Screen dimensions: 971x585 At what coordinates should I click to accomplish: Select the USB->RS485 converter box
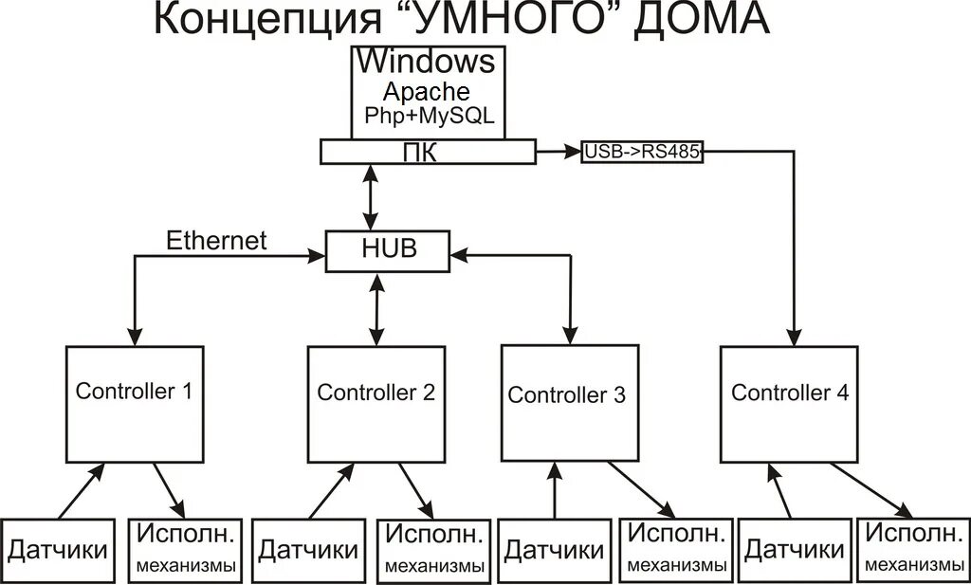[642, 152]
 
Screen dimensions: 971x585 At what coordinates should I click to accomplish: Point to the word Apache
[426, 92]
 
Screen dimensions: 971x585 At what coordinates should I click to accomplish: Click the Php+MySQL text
[430, 116]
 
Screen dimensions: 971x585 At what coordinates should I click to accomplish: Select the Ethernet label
[217, 240]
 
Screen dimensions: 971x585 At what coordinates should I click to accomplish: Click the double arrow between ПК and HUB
[371, 197]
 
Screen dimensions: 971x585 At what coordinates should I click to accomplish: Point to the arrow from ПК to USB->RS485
[559, 152]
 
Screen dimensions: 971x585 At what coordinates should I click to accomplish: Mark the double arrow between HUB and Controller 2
[376, 309]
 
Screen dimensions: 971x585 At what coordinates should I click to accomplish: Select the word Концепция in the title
[267, 21]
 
